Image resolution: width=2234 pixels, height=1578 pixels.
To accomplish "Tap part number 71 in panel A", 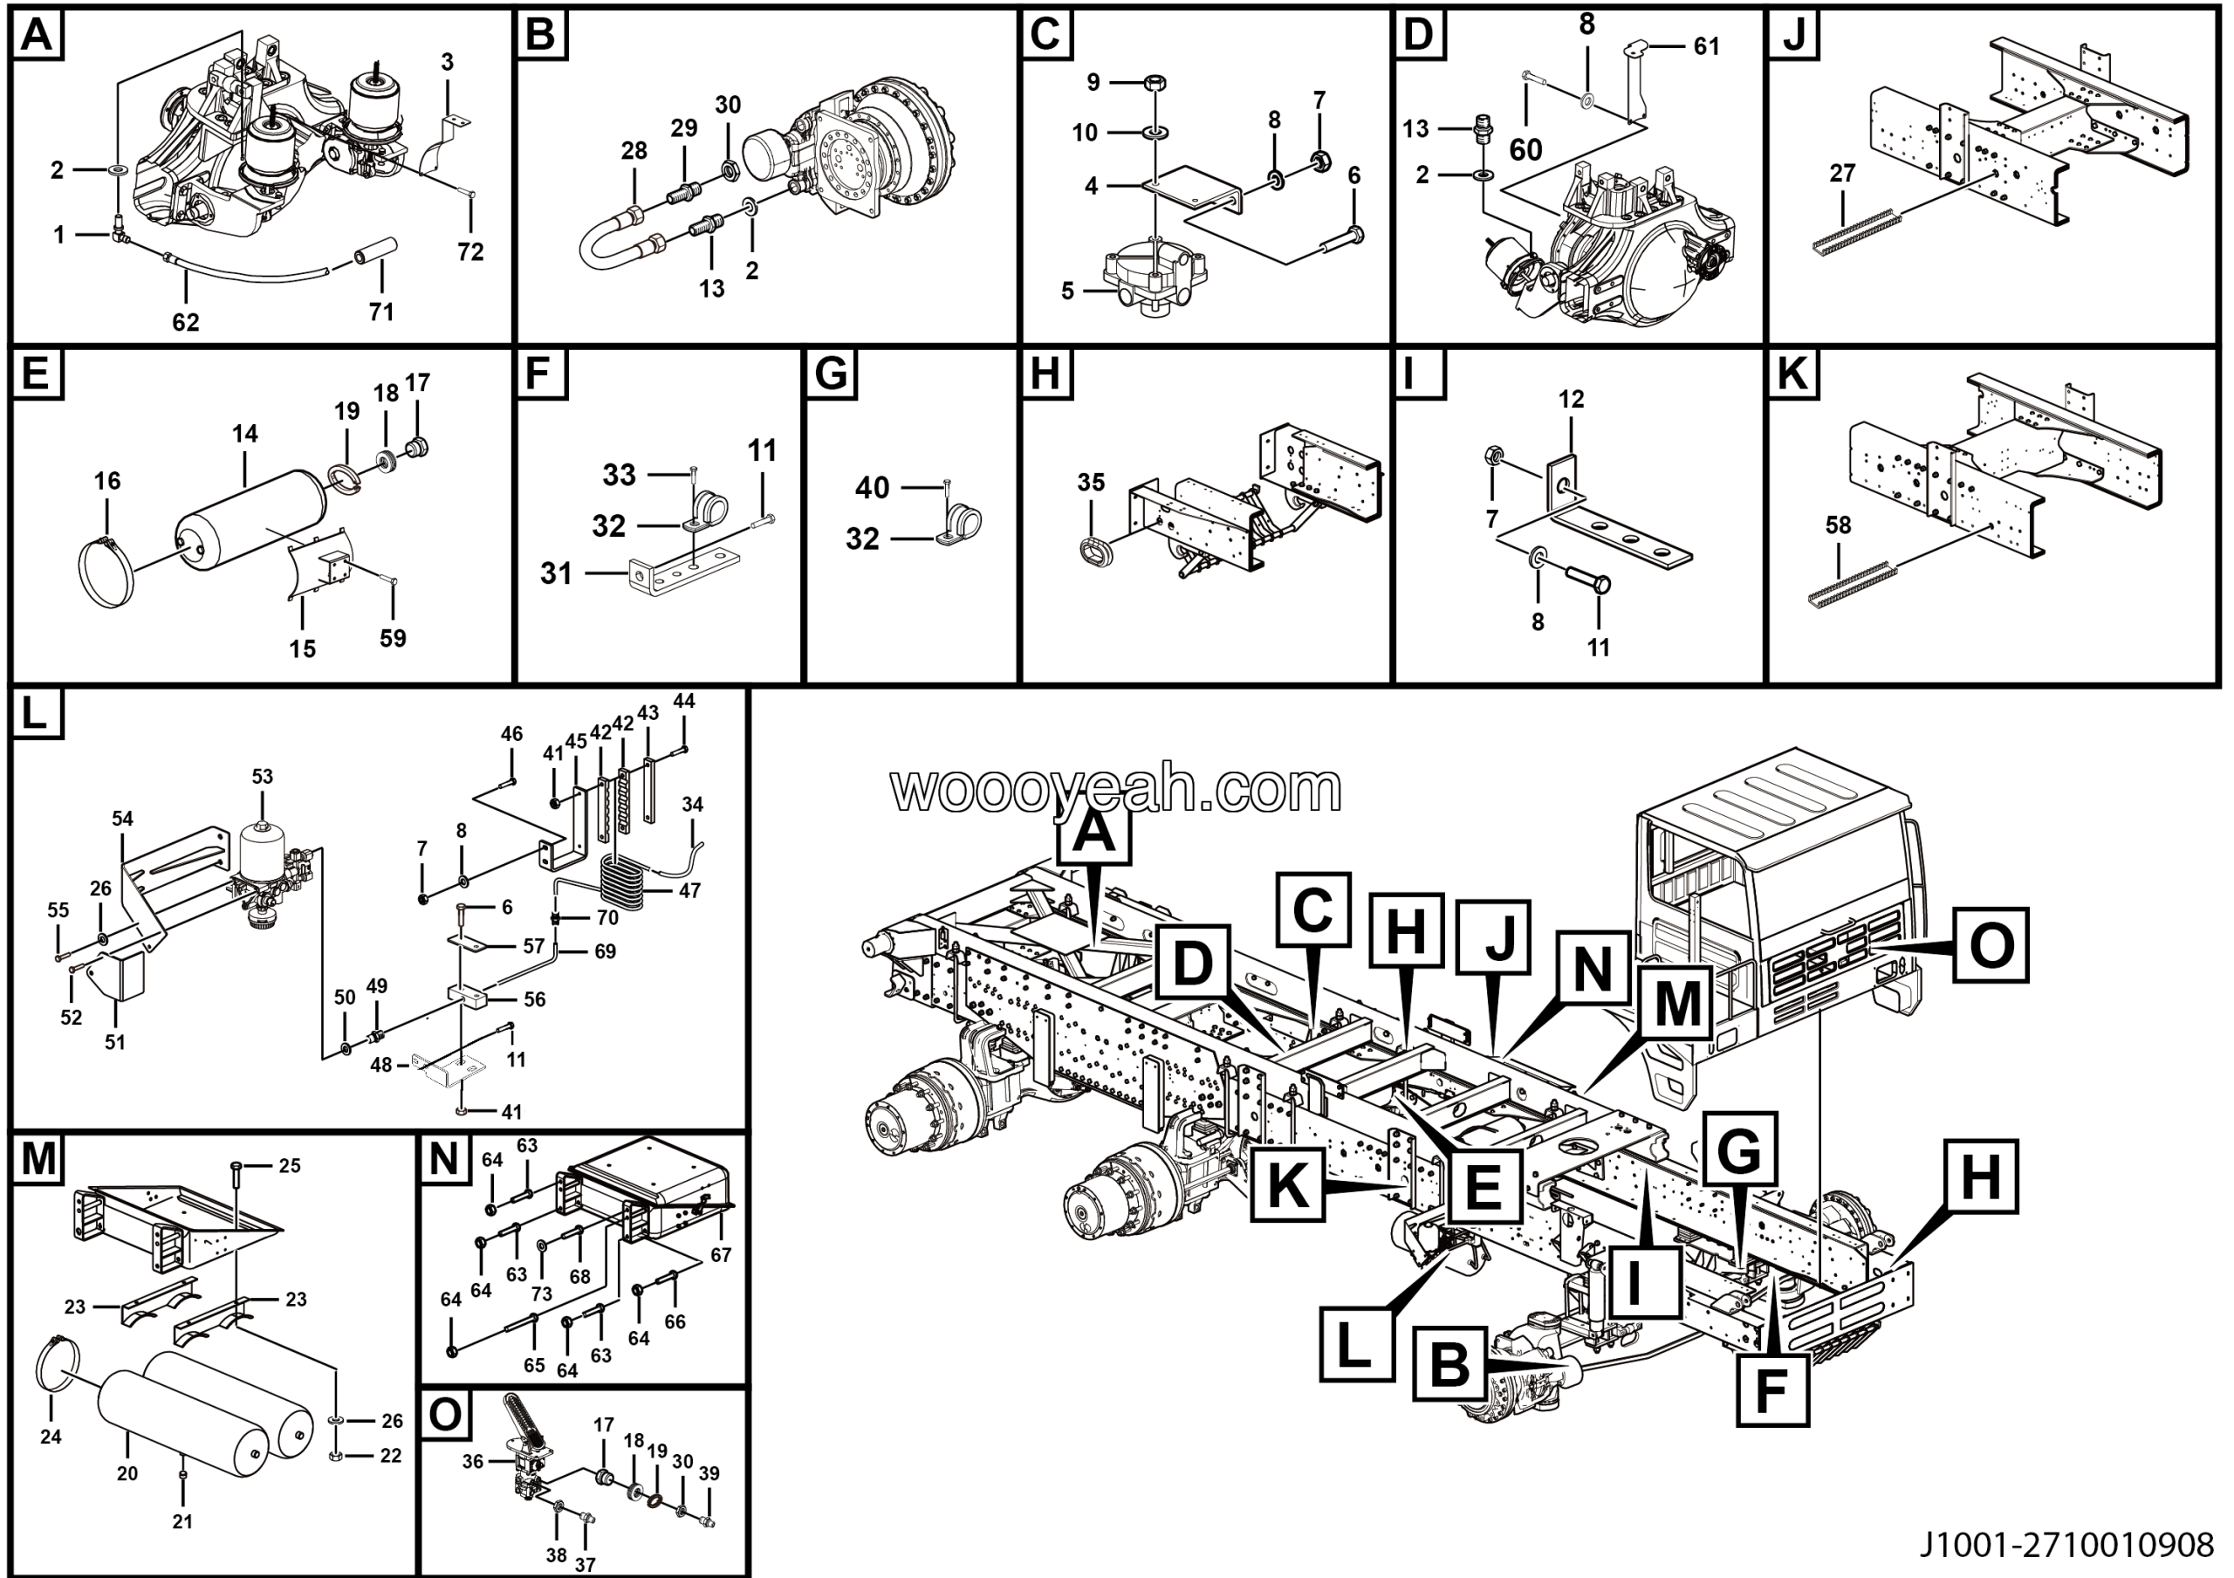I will tap(380, 312).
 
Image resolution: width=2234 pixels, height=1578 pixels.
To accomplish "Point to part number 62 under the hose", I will tap(185, 322).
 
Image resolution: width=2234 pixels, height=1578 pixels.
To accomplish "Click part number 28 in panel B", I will tap(634, 151).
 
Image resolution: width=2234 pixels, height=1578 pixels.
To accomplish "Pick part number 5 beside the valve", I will tap(1067, 291).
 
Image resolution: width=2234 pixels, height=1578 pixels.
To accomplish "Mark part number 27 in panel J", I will tap(1842, 173).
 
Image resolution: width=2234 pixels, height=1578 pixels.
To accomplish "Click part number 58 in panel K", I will tap(1838, 525).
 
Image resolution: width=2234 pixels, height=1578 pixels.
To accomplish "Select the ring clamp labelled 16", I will tap(107, 575).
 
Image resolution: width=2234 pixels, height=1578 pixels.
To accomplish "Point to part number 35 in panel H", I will tap(1091, 483).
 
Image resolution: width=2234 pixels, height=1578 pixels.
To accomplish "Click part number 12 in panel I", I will tap(1571, 399).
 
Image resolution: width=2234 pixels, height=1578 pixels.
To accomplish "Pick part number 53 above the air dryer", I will tap(262, 777).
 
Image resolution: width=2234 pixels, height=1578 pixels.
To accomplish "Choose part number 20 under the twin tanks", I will tap(127, 1473).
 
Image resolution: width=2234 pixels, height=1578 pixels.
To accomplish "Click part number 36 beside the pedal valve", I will tap(472, 1461).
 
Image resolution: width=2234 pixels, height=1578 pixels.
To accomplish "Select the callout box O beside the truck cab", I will tap(1991, 944).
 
